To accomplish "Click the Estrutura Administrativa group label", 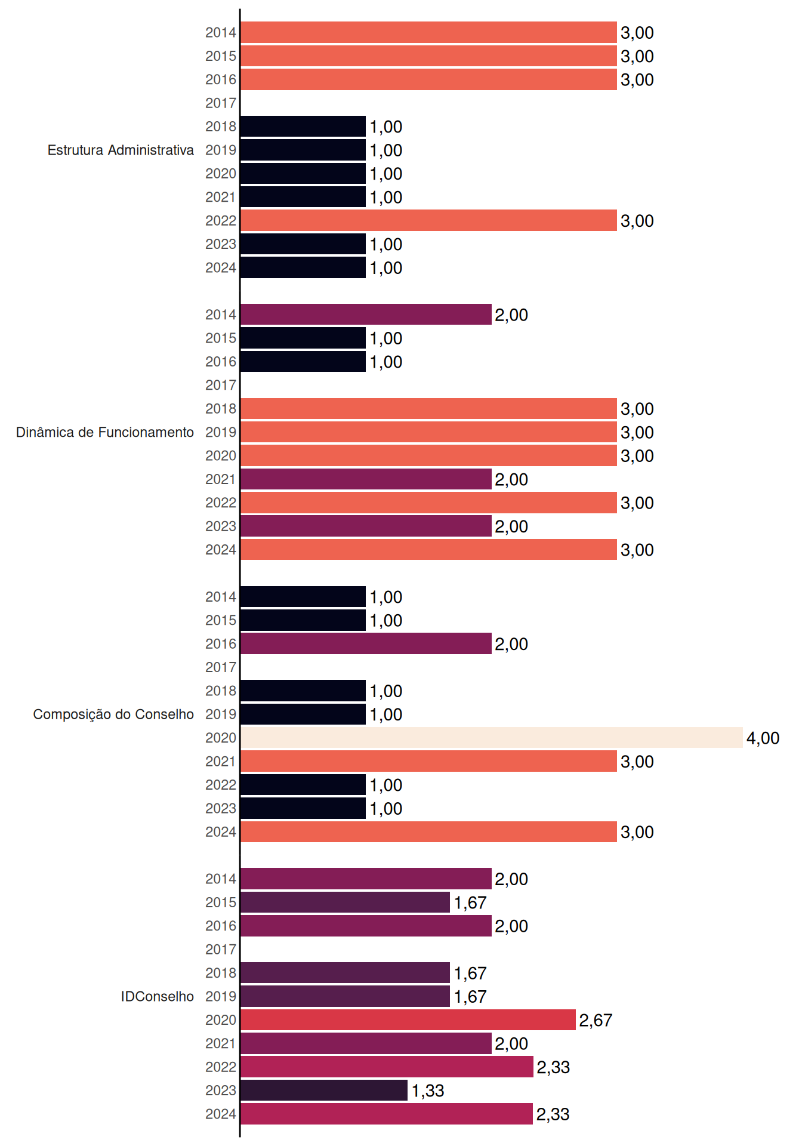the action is [121, 150].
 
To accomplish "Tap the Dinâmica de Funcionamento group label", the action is [105, 432].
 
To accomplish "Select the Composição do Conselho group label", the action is [113, 714].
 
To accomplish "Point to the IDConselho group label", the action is [158, 996].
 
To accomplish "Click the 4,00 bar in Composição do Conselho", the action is [492, 738].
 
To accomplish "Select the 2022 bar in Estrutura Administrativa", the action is [429, 220].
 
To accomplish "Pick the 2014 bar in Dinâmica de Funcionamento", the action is [366, 315].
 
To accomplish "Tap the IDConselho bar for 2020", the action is [408, 1020].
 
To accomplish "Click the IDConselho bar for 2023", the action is [324, 1090].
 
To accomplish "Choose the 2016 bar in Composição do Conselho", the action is [366, 643].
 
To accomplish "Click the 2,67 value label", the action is [596, 1020].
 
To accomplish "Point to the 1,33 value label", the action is [428, 1090].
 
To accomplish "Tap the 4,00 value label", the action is [763, 738].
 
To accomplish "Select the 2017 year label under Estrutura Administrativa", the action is [221, 103].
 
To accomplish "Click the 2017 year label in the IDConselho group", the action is [221, 950].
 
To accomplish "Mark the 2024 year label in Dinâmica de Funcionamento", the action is [221, 550].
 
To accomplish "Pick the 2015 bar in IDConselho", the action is [346, 902].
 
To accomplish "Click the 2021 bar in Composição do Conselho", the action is [429, 761].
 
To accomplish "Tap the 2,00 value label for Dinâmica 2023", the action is [511, 526].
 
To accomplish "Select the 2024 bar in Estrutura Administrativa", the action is [303, 267].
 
